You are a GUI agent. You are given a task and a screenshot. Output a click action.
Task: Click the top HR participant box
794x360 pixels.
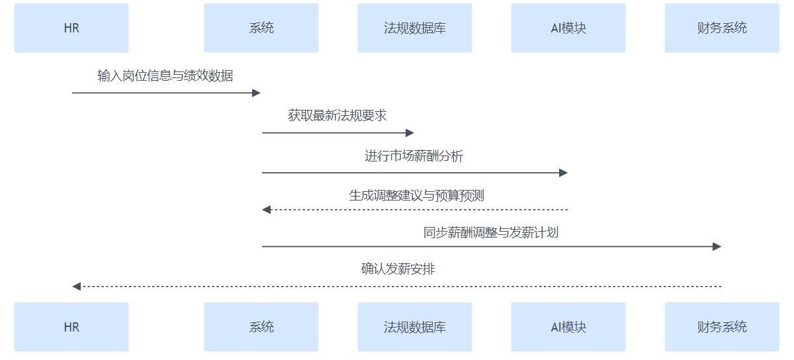(x=71, y=28)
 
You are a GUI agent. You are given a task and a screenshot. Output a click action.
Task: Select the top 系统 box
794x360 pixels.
(x=261, y=28)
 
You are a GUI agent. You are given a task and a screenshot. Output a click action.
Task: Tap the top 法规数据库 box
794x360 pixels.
(x=415, y=28)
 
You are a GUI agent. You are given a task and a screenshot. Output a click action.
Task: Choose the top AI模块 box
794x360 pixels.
(x=568, y=28)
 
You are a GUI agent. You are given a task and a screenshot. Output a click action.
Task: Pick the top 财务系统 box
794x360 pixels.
(x=722, y=28)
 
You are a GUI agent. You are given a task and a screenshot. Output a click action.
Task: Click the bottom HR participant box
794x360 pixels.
(x=71, y=327)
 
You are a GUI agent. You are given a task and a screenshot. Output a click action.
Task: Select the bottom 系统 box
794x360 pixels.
(x=261, y=327)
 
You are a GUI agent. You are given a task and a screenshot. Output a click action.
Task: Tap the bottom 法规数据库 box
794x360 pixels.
(x=415, y=327)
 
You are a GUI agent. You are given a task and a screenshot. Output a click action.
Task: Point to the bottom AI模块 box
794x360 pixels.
(x=568, y=327)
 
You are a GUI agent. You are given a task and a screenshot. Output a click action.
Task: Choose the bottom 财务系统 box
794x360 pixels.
(x=722, y=327)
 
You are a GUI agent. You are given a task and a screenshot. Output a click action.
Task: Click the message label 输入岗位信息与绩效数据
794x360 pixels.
(x=165, y=76)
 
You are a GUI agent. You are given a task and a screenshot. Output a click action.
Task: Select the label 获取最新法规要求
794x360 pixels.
(x=337, y=116)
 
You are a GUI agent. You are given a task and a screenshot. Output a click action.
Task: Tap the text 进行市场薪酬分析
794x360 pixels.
(x=414, y=156)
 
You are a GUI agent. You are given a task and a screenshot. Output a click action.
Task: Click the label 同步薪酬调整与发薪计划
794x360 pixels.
(x=491, y=233)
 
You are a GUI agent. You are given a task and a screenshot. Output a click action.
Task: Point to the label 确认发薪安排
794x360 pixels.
(x=398, y=269)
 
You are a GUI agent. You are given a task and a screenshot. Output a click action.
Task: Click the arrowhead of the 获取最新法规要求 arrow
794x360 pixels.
(x=410, y=133)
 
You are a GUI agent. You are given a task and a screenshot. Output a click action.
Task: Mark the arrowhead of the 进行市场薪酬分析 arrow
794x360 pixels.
(x=564, y=173)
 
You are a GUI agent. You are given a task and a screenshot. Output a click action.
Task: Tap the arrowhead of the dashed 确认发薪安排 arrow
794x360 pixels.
(x=76, y=287)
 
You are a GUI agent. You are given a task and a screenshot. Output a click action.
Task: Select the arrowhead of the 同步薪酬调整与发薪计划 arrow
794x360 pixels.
(x=717, y=246)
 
